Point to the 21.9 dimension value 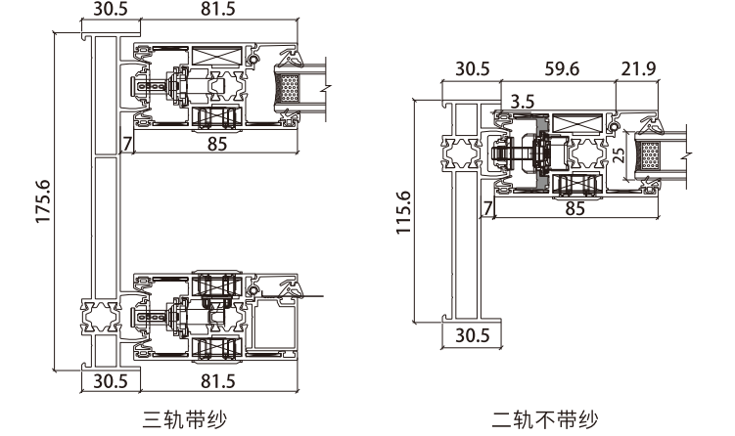coord(637,70)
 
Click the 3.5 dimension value coord(522,101)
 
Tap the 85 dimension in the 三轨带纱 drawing coord(217,145)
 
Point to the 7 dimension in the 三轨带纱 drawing coord(126,145)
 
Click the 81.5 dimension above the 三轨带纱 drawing coord(222,9)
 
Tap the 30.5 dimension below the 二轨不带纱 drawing coord(472,336)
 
